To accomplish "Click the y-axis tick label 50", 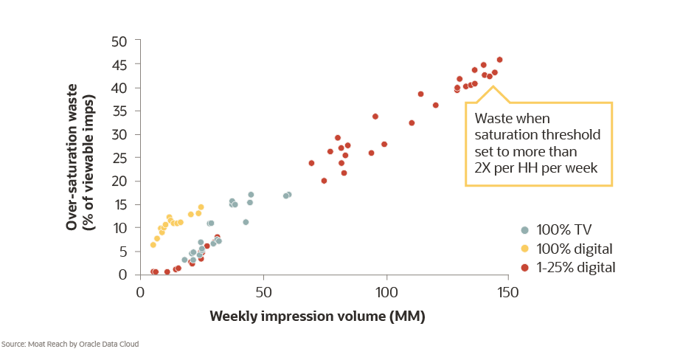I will (119, 41).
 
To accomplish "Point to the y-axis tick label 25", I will (119, 158).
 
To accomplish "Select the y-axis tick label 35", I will (119, 111).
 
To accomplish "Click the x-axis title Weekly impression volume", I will (317, 316).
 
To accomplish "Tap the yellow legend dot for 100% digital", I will (524, 248).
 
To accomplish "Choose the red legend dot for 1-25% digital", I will (524, 266).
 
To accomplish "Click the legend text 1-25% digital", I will (577, 266).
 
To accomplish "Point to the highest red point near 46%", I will (499, 60).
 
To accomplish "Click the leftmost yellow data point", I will (153, 245).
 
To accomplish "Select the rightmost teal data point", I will (288, 195).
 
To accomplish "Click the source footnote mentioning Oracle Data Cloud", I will (69, 344).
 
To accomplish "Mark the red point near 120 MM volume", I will (436, 105).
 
